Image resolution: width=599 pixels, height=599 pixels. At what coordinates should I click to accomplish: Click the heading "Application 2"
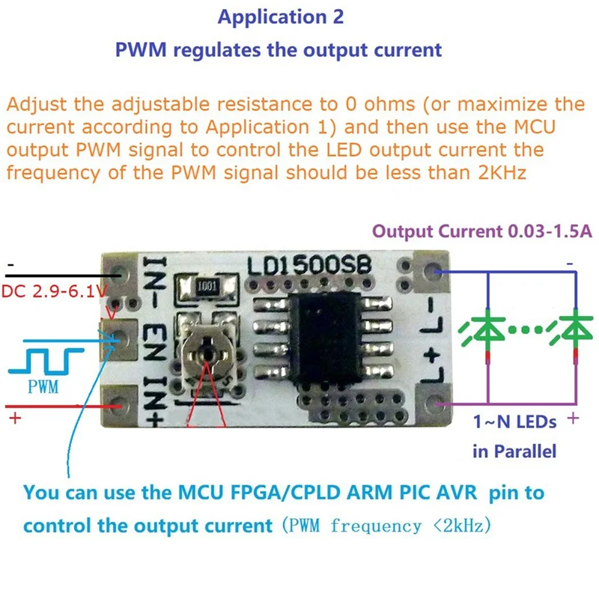(280, 17)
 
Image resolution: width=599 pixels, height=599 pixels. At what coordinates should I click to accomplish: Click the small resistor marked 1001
(207, 287)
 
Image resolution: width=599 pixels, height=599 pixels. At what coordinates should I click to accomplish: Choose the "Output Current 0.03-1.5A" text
(483, 231)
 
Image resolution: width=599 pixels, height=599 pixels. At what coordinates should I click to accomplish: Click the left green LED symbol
(487, 329)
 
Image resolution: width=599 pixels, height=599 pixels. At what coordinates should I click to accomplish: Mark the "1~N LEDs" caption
(514, 422)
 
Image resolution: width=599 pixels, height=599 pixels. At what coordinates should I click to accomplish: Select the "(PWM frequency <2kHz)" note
(386, 526)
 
